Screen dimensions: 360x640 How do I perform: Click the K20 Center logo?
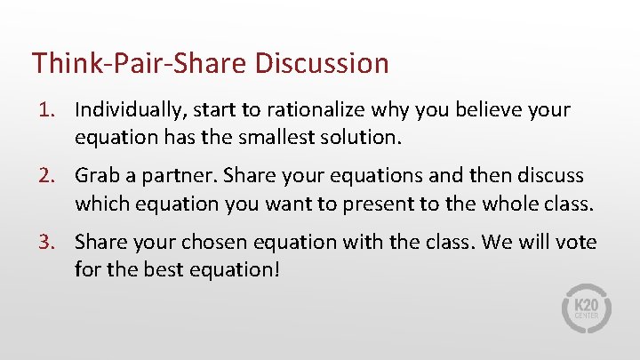click(x=587, y=308)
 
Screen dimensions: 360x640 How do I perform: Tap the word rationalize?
click(x=282, y=110)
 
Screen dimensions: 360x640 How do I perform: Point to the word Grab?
click(x=95, y=176)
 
